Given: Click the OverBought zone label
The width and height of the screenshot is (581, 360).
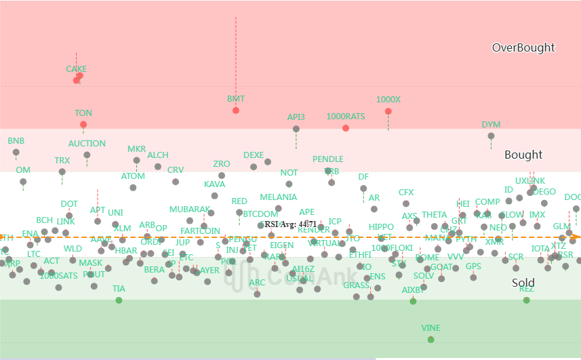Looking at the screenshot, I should tap(523, 47).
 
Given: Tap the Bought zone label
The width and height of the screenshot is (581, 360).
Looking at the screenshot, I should tap(523, 155).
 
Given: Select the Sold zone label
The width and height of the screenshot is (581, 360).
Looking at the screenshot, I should tap(523, 283).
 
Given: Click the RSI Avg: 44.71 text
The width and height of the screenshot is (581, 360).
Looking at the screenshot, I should tap(290, 224).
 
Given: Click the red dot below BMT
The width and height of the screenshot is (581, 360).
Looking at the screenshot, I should tap(236, 111).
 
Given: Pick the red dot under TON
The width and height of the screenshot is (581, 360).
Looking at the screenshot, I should tap(83, 125).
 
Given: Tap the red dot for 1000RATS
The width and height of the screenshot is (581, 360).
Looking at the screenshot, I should tap(346, 128).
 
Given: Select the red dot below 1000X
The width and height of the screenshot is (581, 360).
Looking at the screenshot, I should tap(388, 111).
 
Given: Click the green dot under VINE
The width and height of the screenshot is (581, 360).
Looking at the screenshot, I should tap(431, 339).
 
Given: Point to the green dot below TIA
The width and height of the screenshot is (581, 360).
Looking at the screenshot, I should tap(119, 300).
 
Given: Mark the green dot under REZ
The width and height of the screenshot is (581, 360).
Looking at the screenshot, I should tap(527, 300).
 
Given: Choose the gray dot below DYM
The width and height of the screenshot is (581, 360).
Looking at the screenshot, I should tap(491, 136).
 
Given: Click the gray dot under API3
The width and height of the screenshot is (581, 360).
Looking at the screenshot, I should tap(296, 129).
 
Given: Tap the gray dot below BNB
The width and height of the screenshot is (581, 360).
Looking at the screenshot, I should tap(16, 153).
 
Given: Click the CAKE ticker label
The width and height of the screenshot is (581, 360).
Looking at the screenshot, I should tap(76, 69).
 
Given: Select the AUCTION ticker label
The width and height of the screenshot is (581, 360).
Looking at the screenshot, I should tap(87, 144).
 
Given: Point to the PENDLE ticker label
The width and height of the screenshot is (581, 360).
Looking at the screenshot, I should tap(328, 160).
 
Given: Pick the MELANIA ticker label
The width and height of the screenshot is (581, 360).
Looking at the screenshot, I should tap(279, 197).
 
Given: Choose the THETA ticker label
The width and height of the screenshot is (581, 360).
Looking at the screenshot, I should tap(435, 216).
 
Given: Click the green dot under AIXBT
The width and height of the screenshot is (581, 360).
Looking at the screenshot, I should tap(413, 300).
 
